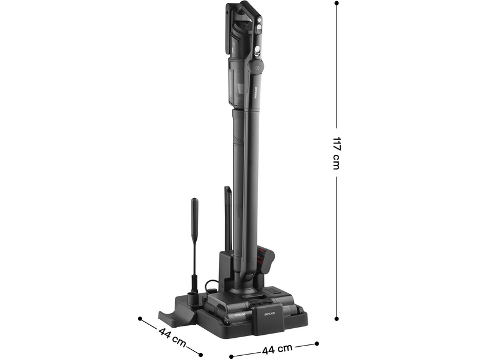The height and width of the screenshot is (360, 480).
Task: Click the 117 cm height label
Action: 337,153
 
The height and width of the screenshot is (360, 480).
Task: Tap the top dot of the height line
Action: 337,4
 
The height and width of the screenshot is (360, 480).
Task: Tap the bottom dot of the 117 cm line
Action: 337,319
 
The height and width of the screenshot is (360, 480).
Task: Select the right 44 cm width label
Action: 277,348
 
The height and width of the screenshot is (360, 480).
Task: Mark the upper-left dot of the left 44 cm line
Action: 140,319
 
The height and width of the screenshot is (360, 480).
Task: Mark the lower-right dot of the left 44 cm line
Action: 200,355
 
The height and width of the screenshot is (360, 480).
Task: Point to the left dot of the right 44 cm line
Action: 231,356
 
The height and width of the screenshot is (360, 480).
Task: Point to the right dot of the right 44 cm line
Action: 317,344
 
